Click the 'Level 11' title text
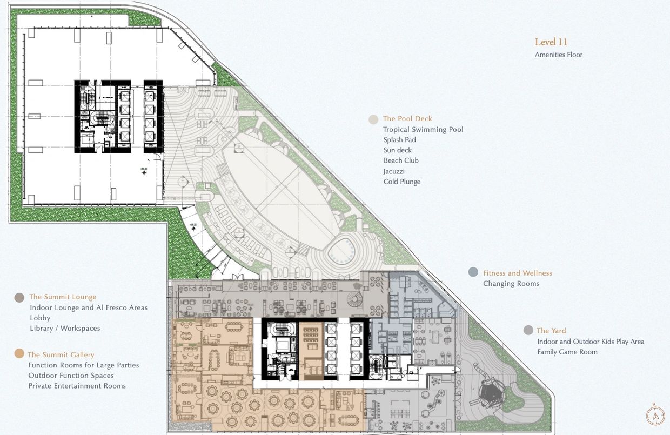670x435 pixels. tap(551, 42)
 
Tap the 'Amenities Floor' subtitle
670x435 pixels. tap(558, 55)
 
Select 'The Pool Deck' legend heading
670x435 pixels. tap(407, 119)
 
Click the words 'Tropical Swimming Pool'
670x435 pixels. tap(423, 130)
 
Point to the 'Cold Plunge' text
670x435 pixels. tap(401, 182)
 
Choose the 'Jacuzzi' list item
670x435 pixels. tap(394, 171)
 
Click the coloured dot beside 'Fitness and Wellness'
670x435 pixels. tap(473, 272)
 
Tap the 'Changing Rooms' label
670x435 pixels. tap(511, 284)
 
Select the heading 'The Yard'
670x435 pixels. tap(551, 331)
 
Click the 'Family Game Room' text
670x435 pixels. tap(567, 352)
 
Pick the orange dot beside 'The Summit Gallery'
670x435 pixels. tap(19, 354)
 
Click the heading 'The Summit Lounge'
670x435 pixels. tap(63, 297)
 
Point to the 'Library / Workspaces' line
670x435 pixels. tap(65, 328)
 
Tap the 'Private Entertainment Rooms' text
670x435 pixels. tap(77, 386)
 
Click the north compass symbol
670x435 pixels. tap(655, 415)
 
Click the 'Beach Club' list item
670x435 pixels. tap(401, 160)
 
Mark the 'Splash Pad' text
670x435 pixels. tap(399, 140)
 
